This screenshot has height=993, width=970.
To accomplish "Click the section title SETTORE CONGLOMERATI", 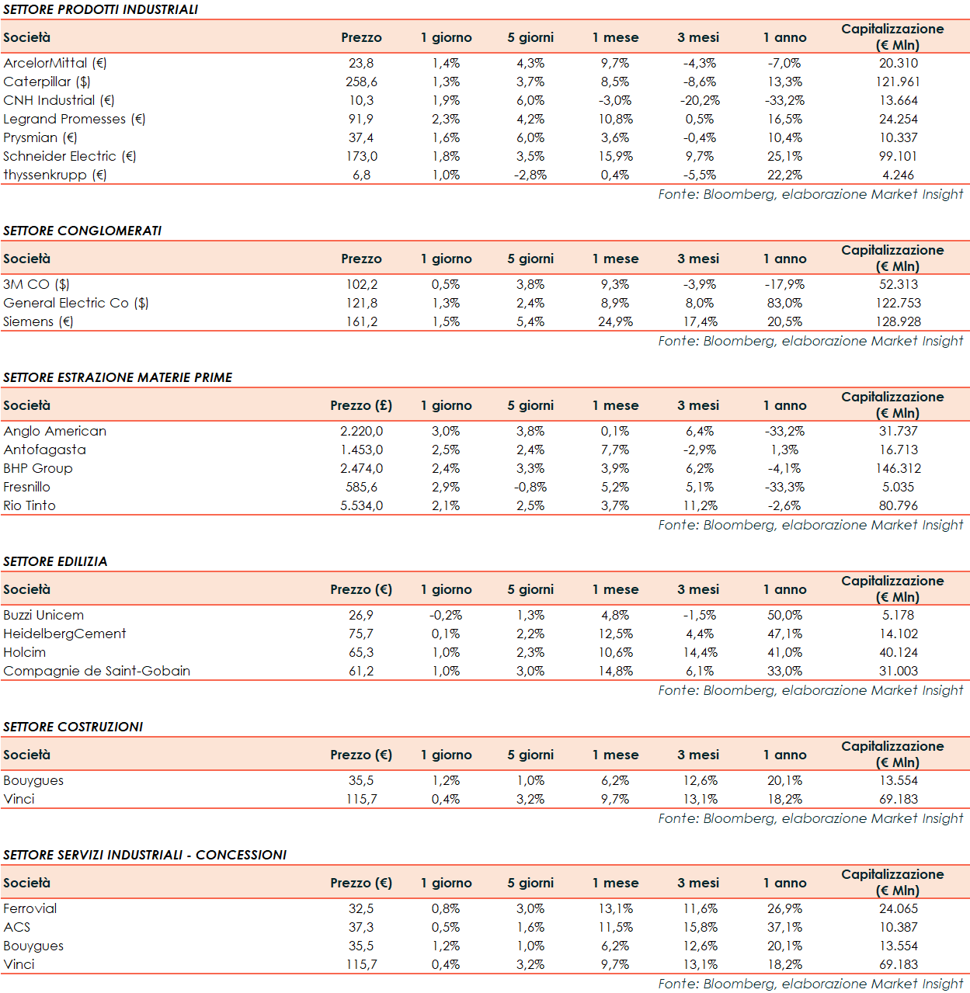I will click(82, 231).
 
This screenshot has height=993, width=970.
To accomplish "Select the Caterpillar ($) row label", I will click(47, 82).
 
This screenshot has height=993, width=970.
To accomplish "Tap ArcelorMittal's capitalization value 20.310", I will click(898, 63).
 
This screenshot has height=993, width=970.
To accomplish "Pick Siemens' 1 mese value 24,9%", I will click(615, 321).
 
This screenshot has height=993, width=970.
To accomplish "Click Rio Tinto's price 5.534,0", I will click(361, 505).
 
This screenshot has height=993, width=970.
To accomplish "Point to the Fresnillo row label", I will click(27, 487).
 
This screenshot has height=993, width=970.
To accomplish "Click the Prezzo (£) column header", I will click(361, 405).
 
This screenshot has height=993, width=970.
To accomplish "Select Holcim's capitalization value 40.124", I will click(898, 652).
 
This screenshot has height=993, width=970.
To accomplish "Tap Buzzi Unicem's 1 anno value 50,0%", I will click(784, 615).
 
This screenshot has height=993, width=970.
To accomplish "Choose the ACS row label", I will click(17, 927).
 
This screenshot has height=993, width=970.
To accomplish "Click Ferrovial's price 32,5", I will click(361, 908).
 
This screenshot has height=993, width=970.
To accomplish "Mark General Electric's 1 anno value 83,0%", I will click(784, 303).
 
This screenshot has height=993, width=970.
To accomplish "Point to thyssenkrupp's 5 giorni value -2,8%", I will click(530, 175).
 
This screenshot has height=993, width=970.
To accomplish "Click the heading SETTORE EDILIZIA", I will click(55, 561).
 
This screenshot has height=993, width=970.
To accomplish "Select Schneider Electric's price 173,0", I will click(361, 156).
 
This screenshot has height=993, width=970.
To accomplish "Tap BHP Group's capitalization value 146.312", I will click(898, 468).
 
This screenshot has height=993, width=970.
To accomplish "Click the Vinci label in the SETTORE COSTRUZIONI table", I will click(19, 799).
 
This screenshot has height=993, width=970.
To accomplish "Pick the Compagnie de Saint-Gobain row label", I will click(97, 671).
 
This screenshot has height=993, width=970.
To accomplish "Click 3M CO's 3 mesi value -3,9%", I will click(700, 284).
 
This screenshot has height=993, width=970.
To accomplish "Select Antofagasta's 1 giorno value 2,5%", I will click(446, 450).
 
